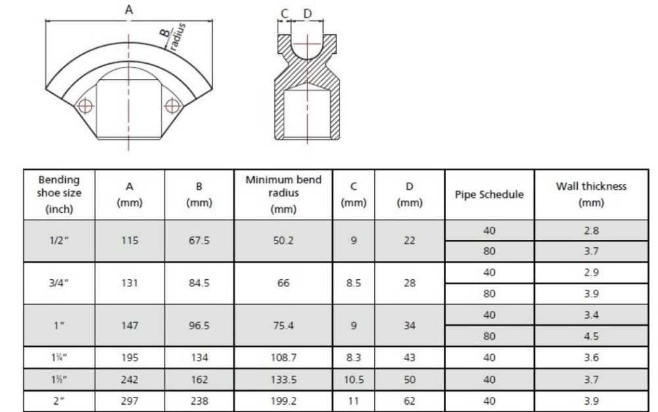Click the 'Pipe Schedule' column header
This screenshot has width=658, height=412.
pos(490,195)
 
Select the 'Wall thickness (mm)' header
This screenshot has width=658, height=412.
pos(592,195)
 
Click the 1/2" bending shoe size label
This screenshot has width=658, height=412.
pos(59,240)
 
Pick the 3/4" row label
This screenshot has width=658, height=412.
pos(59,283)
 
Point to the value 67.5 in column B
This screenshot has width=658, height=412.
pos(199,240)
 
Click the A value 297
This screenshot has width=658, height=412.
pos(129,401)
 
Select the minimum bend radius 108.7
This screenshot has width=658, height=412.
pos(283,357)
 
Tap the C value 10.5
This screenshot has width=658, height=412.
pos(354,379)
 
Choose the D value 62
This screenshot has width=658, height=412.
pos(409,401)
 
